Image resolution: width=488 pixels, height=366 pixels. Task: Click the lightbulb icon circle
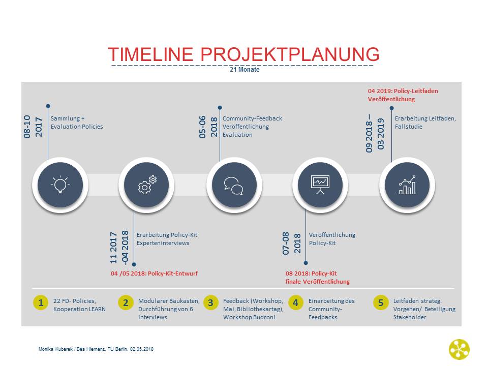60,185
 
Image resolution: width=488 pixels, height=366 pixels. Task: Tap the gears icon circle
146,185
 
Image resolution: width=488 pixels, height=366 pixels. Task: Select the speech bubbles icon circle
234,185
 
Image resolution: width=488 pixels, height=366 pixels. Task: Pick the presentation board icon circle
320,185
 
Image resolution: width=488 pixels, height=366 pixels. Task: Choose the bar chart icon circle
407,185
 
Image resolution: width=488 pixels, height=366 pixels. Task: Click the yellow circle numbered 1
41,302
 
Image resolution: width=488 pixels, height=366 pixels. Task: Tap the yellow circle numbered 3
210,302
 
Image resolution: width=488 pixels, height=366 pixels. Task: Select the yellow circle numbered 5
381,302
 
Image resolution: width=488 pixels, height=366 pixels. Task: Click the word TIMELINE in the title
150,54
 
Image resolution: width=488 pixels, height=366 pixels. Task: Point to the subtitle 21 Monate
245,70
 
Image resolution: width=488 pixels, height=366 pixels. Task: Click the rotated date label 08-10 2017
33,127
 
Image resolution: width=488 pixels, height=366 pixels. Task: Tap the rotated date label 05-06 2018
208,127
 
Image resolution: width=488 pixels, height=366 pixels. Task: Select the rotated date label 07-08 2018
292,243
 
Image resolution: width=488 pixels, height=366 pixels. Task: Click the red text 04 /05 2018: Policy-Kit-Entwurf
155,273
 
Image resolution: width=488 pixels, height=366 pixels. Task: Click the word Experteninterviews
163,243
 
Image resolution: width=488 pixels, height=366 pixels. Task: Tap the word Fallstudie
409,127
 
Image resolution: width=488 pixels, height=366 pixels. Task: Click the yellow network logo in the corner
460,350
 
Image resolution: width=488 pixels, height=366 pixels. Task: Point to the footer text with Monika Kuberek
96,349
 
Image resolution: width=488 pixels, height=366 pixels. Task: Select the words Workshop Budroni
249,317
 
